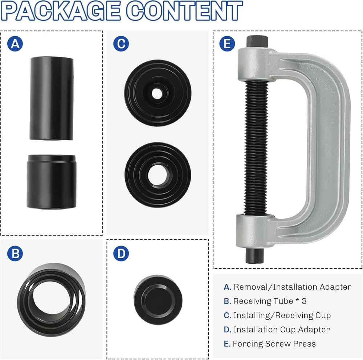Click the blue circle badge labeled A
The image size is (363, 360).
[x=15, y=44]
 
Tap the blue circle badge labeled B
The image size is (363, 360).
[x=15, y=253]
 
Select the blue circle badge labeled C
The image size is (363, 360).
[x=121, y=44]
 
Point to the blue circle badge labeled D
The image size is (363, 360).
[x=121, y=253]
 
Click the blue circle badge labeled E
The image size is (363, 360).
[x=227, y=44]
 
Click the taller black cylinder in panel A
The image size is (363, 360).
[x=52, y=98]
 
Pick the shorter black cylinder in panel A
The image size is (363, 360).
[x=52, y=182]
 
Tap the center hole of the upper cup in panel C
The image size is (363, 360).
[x=157, y=94]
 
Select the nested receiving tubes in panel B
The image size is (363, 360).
[x=52, y=300]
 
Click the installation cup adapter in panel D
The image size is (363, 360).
[x=158, y=300]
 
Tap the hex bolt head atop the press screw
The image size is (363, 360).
[x=257, y=41]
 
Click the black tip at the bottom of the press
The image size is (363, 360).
[x=255, y=256]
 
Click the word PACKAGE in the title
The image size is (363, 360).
[x=61, y=11]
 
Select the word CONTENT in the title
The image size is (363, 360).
[x=185, y=11]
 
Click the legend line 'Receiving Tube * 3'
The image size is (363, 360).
[x=265, y=301]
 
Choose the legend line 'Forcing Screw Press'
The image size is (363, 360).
[x=270, y=344]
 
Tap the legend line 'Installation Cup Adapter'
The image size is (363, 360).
[x=277, y=329]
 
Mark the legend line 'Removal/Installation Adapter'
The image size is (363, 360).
[x=287, y=287]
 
